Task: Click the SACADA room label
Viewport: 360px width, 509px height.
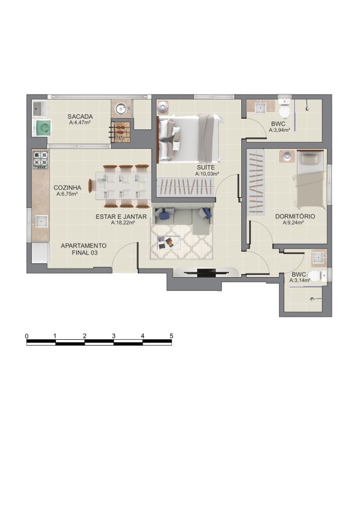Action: (80, 117)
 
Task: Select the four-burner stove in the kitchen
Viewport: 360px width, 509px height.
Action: (41, 159)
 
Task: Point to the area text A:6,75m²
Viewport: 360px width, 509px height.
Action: (67, 194)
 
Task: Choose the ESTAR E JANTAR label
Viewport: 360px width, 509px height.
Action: (121, 216)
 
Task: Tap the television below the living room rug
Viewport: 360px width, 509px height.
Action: (198, 273)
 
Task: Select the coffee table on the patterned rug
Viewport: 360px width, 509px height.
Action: (168, 242)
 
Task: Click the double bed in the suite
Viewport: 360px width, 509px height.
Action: (188, 137)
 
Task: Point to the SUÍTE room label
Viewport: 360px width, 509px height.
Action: (206, 168)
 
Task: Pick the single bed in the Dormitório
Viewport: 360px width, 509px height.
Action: (310, 179)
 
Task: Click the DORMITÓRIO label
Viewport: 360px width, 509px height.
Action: (295, 216)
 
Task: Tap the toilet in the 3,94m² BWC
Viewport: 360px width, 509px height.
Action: (284, 106)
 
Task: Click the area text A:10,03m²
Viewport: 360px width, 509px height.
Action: (207, 174)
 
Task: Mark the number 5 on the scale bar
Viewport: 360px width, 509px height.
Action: (171, 336)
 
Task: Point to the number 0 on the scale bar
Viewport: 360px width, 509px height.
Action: (27, 336)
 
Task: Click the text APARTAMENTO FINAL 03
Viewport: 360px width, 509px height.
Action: (83, 249)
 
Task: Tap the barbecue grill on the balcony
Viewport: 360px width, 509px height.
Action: (121, 131)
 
